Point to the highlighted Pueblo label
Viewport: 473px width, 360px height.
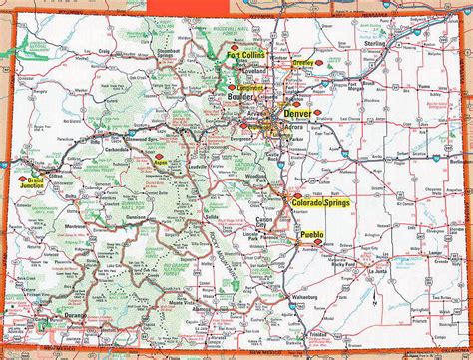tap(312, 235)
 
